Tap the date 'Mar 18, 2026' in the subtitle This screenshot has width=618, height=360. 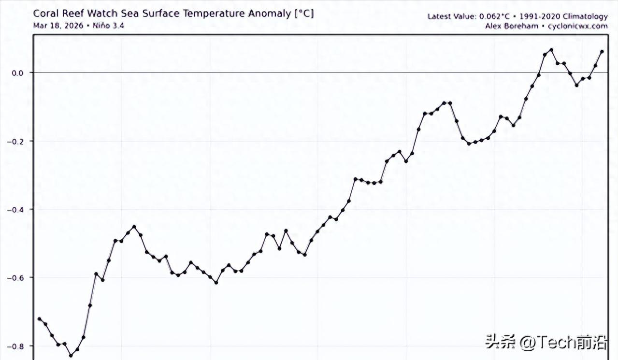53,26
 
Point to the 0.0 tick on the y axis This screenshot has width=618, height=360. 17,73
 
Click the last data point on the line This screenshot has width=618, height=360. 602,52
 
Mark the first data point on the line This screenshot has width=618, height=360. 39,319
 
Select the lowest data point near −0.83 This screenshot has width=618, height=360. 71,356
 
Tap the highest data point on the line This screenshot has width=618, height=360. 551,50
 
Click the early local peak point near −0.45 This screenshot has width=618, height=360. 134,227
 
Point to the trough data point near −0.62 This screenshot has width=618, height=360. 216,283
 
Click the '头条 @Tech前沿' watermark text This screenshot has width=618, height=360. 546,343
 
